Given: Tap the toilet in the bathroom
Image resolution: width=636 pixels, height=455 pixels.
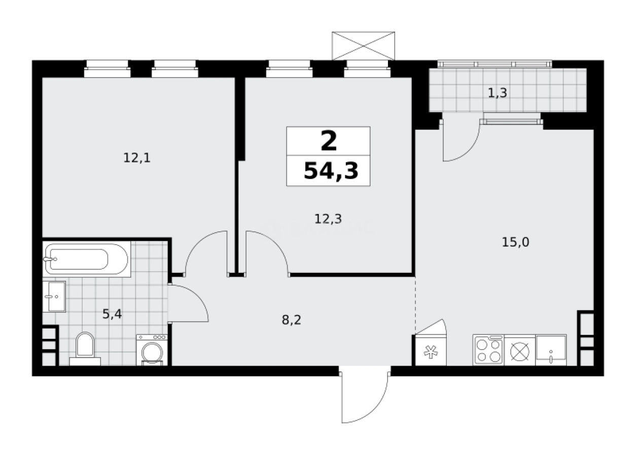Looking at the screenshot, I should [x=85, y=347].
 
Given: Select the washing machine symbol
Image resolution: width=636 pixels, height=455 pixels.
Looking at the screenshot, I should [x=151, y=351].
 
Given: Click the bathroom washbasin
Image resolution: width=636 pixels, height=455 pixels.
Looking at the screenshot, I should [x=54, y=296].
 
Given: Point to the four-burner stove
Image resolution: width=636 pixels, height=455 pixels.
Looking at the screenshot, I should [x=488, y=350].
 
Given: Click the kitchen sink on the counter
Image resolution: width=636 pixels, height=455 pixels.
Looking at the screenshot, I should [x=551, y=350].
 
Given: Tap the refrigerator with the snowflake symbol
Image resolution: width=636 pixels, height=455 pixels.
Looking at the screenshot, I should [x=431, y=352].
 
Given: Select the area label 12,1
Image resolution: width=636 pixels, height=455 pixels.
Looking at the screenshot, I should [x=137, y=158].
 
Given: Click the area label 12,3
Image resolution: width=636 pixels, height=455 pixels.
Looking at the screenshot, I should [x=328, y=219].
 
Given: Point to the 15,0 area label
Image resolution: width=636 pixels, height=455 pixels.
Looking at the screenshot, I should [x=515, y=242].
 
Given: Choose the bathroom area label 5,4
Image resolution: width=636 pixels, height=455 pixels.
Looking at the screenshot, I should [x=112, y=314].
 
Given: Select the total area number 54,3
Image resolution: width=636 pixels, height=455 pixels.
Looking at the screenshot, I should [x=331, y=171].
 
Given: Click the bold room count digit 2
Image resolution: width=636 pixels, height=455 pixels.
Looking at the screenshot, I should [x=329, y=141].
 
